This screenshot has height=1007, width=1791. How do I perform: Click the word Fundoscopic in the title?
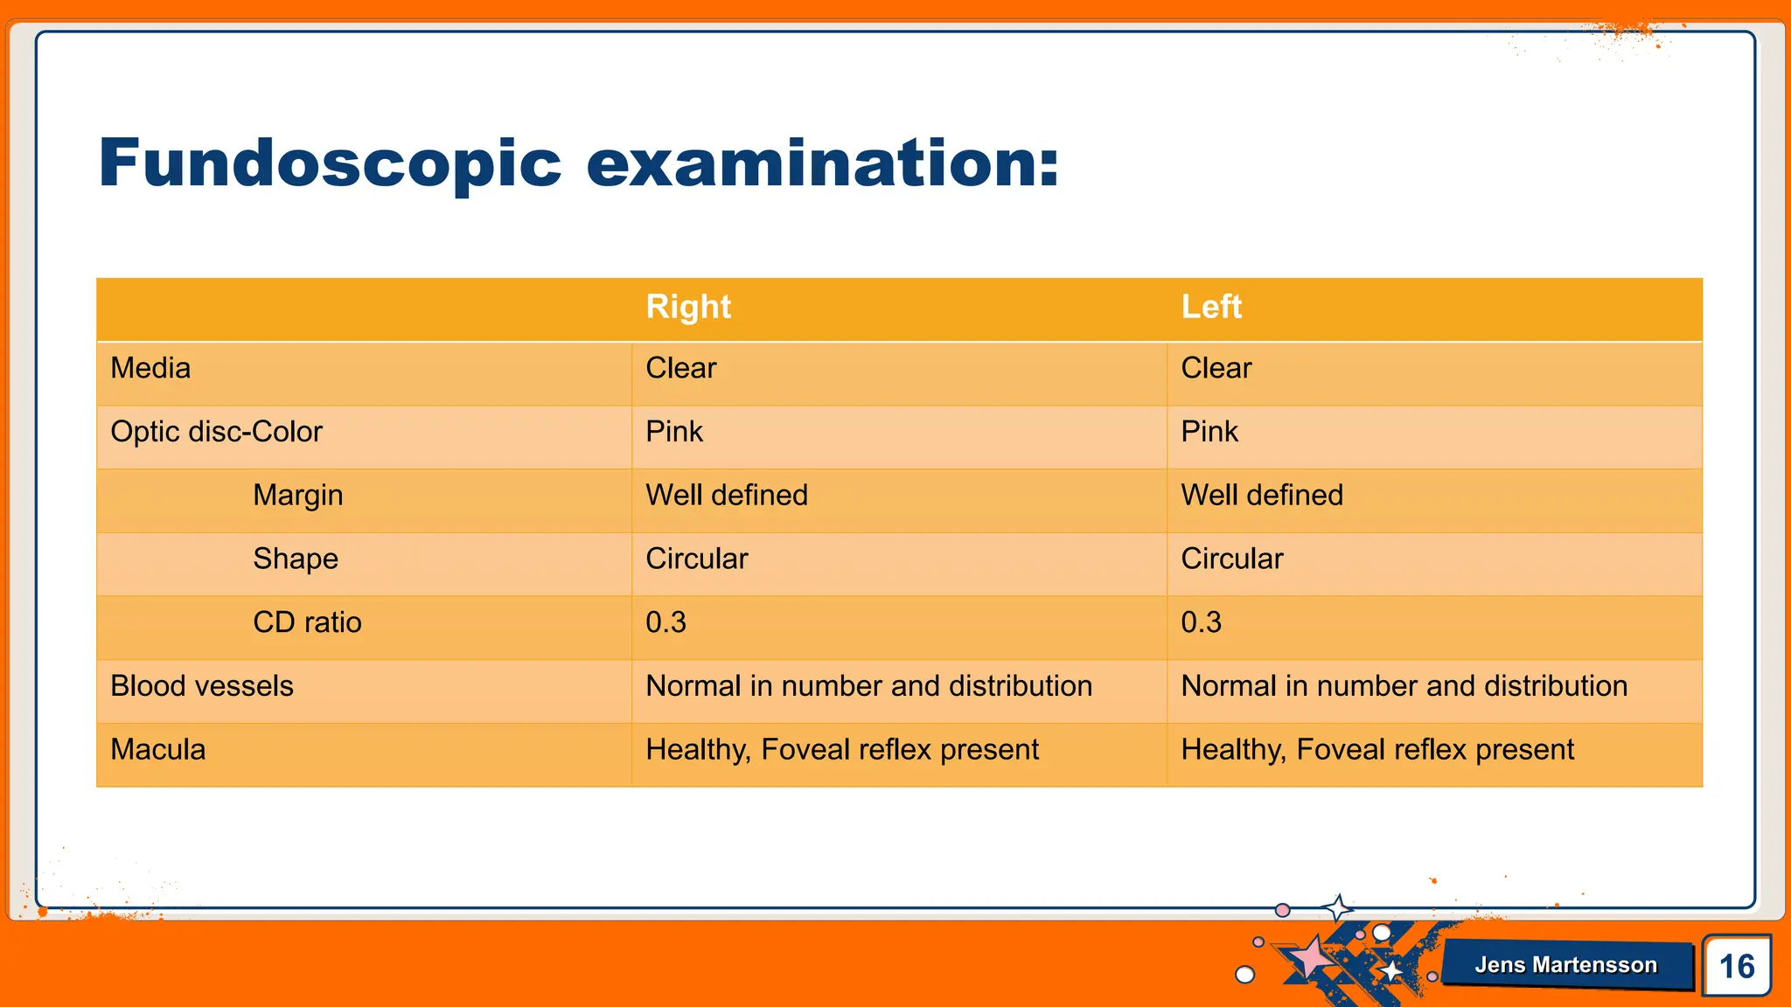point(330,164)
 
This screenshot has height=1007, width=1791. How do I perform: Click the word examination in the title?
point(822,164)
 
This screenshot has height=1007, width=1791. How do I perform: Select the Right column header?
point(688,307)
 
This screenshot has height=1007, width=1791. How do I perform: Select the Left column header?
point(1211,307)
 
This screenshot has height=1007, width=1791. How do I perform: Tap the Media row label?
point(150,368)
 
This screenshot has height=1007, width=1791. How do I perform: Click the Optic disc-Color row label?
point(216,432)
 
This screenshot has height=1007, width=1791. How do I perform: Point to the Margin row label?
point(297,496)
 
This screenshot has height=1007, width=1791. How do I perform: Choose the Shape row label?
point(296,559)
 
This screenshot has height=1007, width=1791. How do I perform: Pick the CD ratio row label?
point(307,622)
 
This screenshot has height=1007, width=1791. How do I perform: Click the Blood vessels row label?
point(202,686)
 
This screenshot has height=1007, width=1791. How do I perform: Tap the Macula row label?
point(158,750)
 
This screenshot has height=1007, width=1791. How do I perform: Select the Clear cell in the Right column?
point(681,368)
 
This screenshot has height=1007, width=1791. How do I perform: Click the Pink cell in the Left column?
point(1209,432)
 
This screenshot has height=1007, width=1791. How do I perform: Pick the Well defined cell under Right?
point(727,496)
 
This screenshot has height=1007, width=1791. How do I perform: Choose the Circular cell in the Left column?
point(1232,559)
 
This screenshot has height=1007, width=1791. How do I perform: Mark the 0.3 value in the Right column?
point(666,622)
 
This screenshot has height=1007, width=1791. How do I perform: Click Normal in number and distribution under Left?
point(1404,686)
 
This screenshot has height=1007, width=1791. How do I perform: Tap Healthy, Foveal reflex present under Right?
point(842,750)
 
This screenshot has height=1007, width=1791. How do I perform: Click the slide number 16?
point(1737,966)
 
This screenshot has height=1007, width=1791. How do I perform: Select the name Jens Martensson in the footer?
point(1565,965)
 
